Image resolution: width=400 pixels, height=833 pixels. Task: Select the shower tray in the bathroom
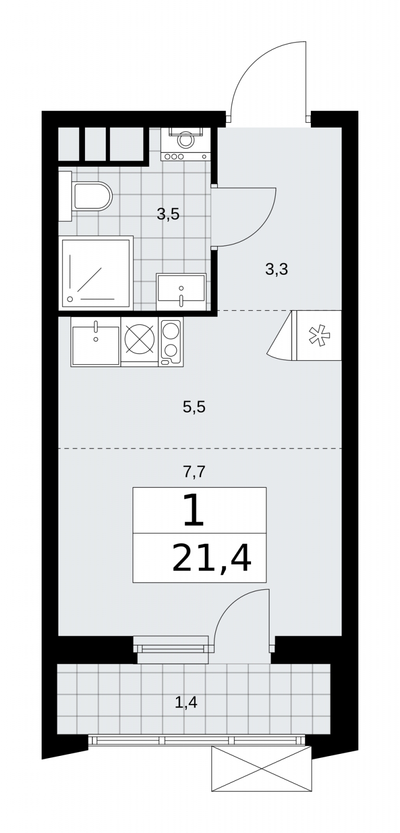(96, 273)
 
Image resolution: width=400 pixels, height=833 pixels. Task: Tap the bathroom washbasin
(181, 292)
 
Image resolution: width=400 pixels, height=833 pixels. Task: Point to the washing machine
(184, 144)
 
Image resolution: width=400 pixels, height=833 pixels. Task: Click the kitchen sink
(96, 342)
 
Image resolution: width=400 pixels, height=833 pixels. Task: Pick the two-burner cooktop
(171, 342)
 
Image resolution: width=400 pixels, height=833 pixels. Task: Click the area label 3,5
(168, 214)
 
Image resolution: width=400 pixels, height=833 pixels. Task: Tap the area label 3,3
(277, 269)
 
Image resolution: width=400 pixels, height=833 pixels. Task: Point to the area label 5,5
(194, 407)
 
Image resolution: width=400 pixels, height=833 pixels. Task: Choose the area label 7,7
(194, 472)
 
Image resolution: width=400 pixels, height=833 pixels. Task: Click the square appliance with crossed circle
(140, 342)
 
